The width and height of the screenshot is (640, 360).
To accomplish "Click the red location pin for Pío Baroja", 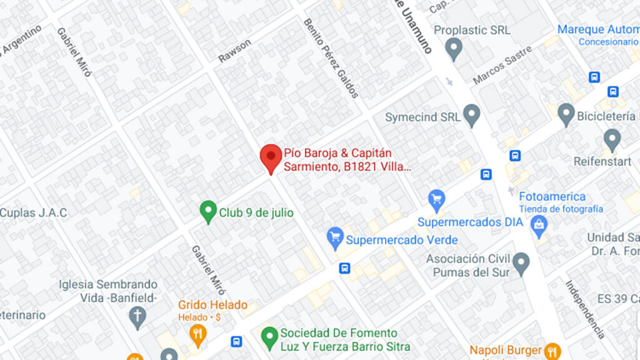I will coord(271,156).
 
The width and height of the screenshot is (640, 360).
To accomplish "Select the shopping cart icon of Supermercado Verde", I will coord(336,237).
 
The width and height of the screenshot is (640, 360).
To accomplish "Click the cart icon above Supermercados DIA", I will coord(436,200).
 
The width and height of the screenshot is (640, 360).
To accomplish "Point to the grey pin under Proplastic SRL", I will coord(454,48).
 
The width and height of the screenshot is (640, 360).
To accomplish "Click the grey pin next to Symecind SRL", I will coord(471,115).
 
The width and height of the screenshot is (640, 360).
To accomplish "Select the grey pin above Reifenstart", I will coord(612,139).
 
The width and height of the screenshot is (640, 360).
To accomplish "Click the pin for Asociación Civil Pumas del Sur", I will coord(521,263).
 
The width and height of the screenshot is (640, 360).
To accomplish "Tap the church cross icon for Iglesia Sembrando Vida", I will coord(138,316).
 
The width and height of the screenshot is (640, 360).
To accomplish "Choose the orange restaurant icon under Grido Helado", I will coord(198,334).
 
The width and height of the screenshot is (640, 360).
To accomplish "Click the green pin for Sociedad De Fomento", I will coord(269,337).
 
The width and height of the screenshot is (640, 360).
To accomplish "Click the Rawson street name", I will coord(234,51).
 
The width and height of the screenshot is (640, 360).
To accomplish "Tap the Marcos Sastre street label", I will coord(502,65).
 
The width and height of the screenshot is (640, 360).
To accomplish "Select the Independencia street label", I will coord(586,309).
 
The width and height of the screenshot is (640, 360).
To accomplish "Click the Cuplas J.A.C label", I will coord(33,212).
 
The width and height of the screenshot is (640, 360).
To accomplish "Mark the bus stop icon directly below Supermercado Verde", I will coord(344,268).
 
